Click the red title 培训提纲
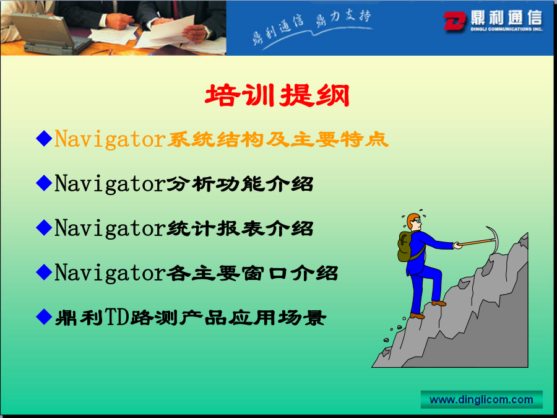point(277,95)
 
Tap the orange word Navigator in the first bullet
point(110,139)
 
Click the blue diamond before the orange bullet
point(44,138)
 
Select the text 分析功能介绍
point(240,184)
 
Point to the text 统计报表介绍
point(240,228)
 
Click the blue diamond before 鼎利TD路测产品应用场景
point(44,316)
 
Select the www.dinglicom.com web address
point(481,399)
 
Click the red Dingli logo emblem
point(454,20)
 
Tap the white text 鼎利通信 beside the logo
point(506,17)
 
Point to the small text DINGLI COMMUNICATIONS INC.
point(506,29)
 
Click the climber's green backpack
point(405,246)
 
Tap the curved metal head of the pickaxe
point(494,239)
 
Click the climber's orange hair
point(412,219)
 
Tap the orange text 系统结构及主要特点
point(277,139)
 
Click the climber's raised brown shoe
point(439,303)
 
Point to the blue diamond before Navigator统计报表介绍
point(44,227)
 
